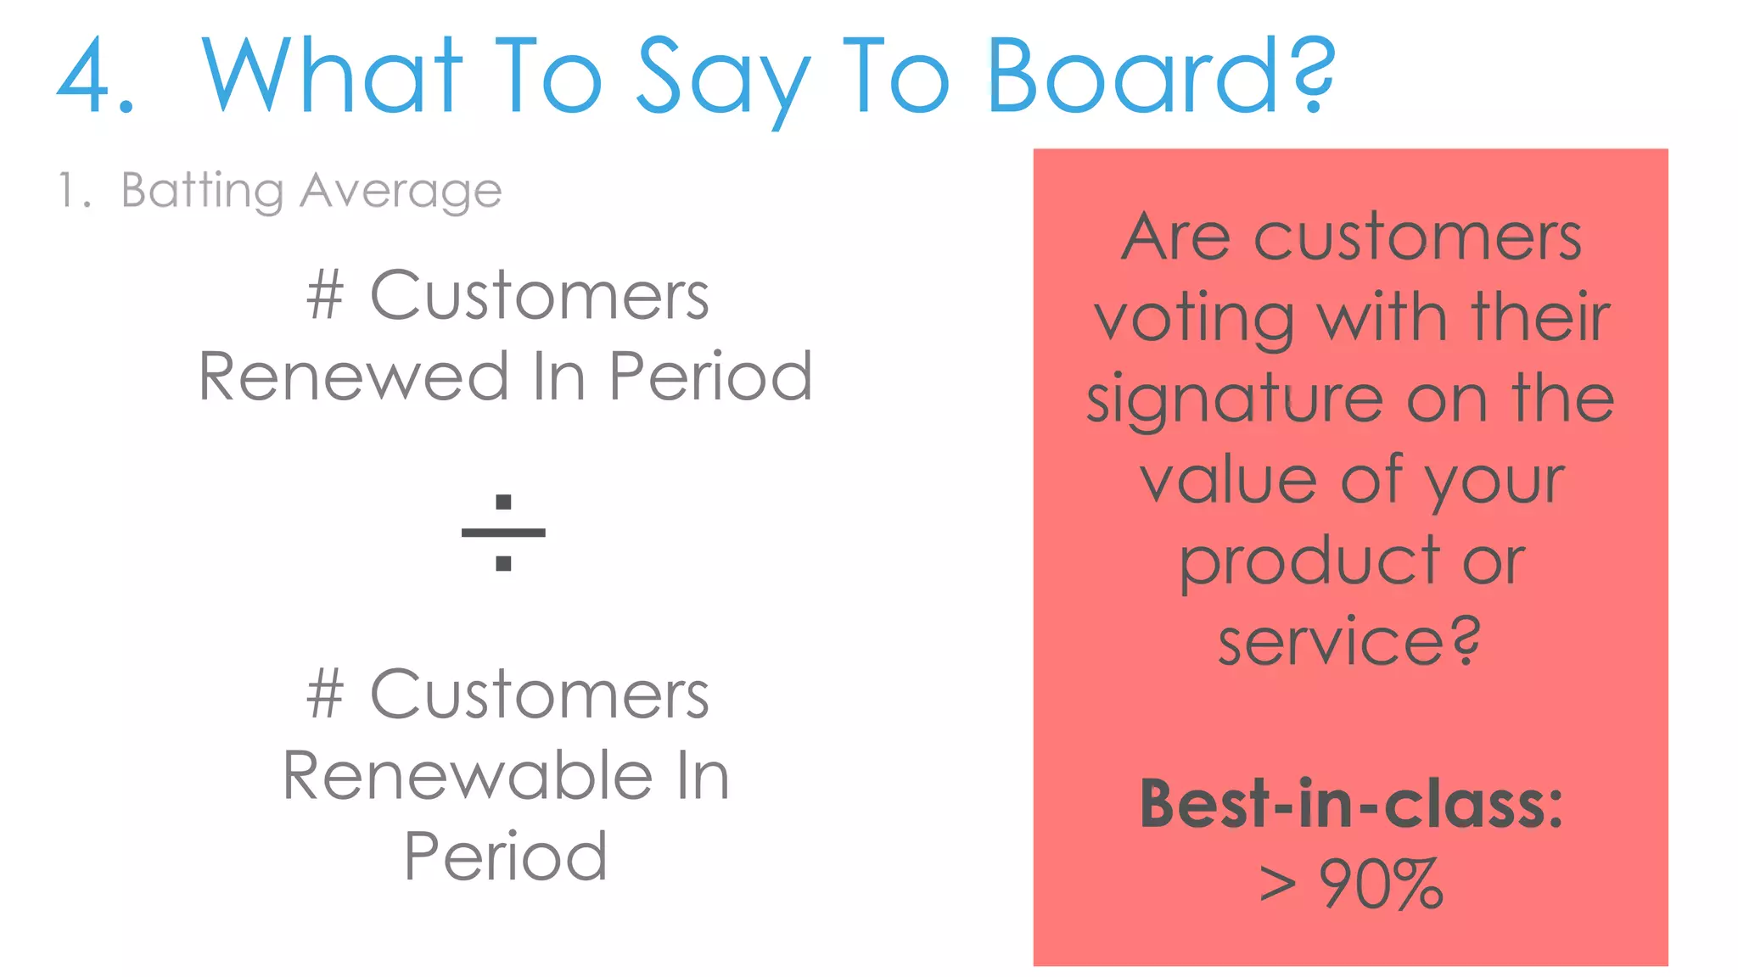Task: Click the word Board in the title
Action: (1134, 76)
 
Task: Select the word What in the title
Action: (332, 76)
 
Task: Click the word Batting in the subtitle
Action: (202, 191)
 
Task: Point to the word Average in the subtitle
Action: (401, 191)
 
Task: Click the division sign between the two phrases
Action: (503, 533)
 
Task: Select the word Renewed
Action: (353, 377)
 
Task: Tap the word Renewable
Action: (468, 775)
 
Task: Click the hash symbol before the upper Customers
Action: (325, 295)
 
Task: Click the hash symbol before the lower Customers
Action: (325, 694)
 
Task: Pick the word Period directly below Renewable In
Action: (506, 856)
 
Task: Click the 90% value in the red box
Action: (1381, 885)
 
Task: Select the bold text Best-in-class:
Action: (1350, 803)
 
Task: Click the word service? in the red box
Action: (1349, 642)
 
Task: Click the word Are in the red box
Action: (1175, 237)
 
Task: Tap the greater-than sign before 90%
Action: (1278, 885)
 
